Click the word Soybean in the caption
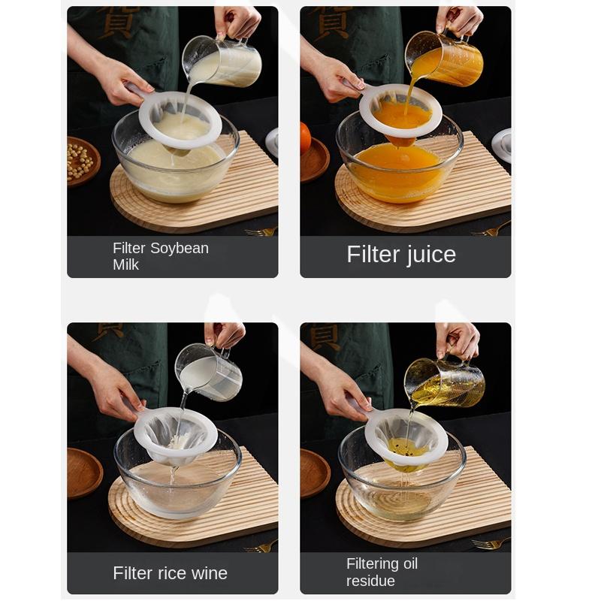tap(180, 249)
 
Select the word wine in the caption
tap(210, 573)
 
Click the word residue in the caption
tap(370, 581)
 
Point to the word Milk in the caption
tap(125, 265)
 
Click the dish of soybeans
tap(83, 161)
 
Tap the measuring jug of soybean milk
tap(222, 62)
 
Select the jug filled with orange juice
tap(445, 59)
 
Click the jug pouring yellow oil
tap(445, 383)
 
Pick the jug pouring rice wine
tap(210, 372)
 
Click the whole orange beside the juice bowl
tap(305, 138)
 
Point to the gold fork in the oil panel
tap(491, 542)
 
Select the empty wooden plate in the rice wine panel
tap(84, 473)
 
